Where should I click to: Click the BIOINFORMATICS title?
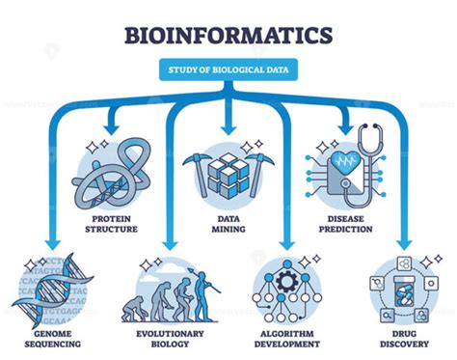[228, 36]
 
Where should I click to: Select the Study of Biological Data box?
[228, 69]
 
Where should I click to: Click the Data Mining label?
[228, 224]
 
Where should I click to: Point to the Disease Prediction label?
[346, 224]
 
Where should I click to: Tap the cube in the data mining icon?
[228, 174]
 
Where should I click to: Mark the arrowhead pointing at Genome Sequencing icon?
[46, 241]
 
